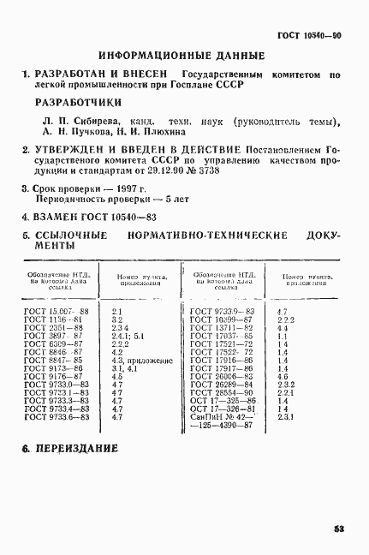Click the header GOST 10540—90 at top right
click(x=311, y=36)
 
